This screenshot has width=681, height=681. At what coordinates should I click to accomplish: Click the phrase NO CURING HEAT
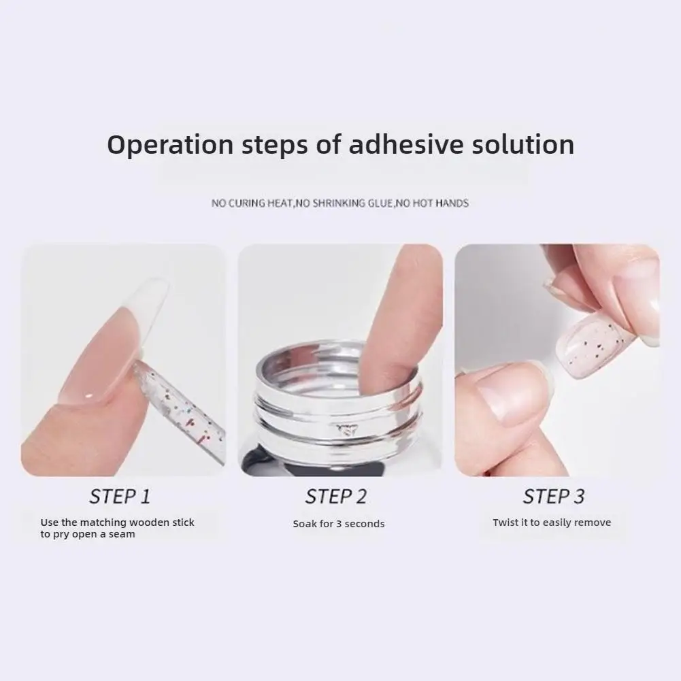coord(252,203)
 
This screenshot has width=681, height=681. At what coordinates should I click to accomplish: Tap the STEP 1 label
coord(120,497)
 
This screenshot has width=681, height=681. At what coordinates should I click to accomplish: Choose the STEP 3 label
coord(553,497)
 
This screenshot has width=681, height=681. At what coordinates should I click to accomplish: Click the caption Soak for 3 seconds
coord(339,524)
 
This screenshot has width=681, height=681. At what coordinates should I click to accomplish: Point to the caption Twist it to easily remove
coord(552,522)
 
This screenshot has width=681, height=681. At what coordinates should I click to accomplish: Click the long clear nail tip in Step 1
coord(122,333)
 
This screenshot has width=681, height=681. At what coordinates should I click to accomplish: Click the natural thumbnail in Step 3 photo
coord(507,395)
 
